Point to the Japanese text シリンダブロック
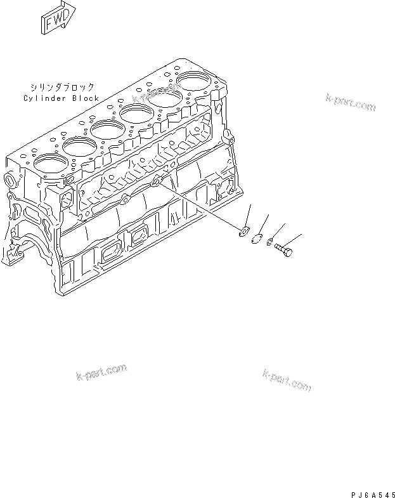tap(62, 86)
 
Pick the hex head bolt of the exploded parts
tap(283, 250)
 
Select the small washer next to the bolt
tap(269, 241)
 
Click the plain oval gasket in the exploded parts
tap(257, 239)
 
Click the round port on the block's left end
tap(10, 180)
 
